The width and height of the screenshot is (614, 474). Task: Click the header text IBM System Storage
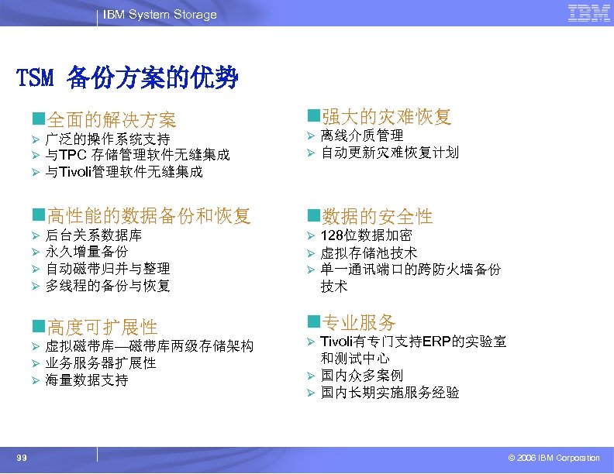[x=161, y=15]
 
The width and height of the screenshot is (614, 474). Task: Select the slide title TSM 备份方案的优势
[x=127, y=78]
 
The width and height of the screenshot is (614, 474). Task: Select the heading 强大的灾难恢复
[x=385, y=117]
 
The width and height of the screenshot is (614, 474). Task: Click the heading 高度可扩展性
[x=102, y=327]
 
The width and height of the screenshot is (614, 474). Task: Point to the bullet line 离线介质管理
[x=361, y=136]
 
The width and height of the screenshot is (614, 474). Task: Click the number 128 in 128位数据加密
[x=331, y=235]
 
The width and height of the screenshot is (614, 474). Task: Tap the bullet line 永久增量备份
[x=87, y=252]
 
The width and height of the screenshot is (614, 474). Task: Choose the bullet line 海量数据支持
[x=87, y=380]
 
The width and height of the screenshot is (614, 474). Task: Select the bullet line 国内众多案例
[x=361, y=376]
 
